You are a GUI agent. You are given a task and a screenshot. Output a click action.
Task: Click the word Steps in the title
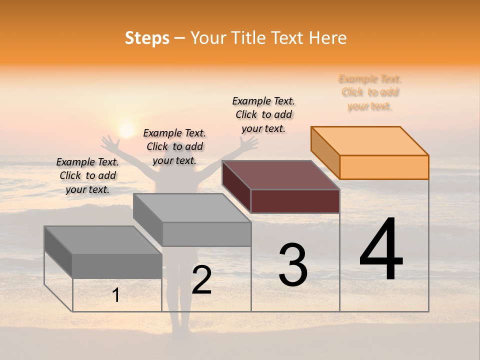(x=147, y=38)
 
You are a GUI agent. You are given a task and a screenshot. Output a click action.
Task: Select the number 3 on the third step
(x=293, y=264)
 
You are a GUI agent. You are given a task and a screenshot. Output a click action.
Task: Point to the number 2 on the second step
(x=201, y=280)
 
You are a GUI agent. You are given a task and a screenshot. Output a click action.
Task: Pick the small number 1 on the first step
(x=116, y=295)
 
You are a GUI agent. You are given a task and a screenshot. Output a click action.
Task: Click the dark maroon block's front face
(x=295, y=201)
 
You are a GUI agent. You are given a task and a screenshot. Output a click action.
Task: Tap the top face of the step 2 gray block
(x=192, y=208)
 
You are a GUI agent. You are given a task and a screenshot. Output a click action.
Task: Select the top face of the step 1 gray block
(x=103, y=240)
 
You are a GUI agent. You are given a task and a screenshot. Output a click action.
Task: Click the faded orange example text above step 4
(x=370, y=92)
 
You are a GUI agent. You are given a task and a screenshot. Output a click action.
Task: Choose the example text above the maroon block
(x=263, y=114)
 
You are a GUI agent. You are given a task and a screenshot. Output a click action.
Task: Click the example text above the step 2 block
(x=174, y=146)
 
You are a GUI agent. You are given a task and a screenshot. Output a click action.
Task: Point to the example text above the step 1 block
(x=87, y=175)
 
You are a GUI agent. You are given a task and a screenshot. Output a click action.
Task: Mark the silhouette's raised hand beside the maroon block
(x=247, y=143)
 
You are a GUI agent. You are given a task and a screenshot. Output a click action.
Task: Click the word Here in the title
(x=328, y=38)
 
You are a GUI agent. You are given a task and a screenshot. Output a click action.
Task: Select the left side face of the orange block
(x=325, y=152)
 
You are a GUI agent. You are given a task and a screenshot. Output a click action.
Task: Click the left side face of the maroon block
(x=236, y=186)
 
